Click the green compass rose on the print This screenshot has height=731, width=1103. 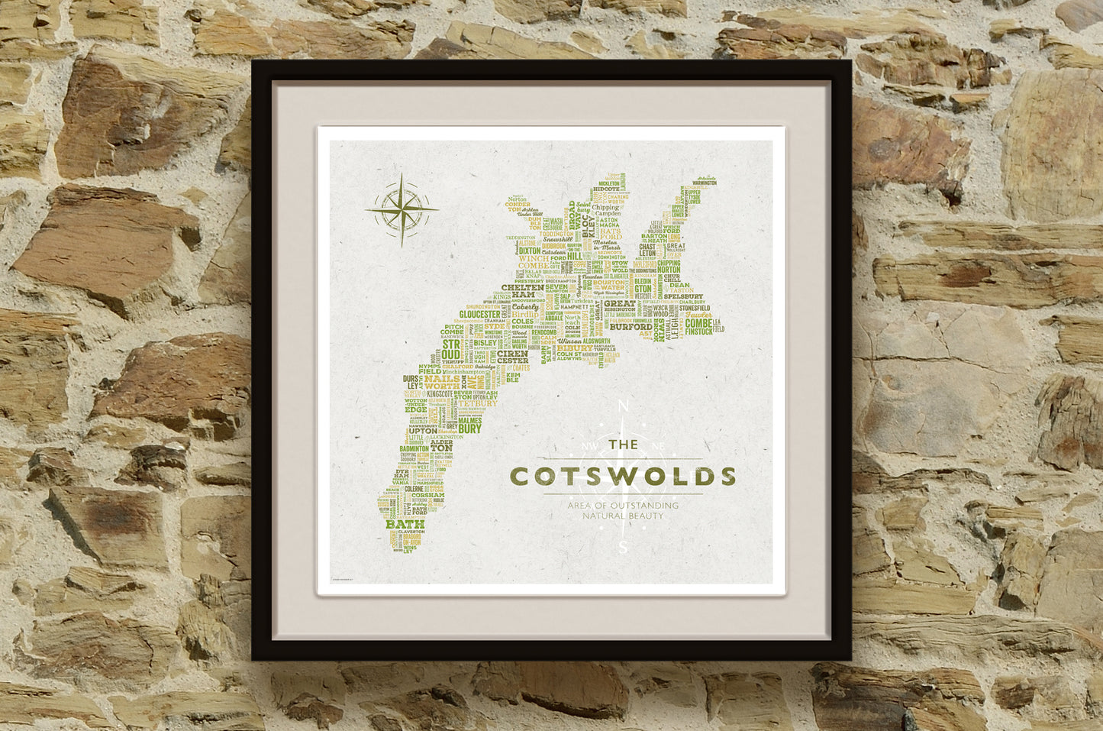(x=402, y=209)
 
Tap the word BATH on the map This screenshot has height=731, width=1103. (x=405, y=525)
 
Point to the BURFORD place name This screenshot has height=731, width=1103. (x=631, y=327)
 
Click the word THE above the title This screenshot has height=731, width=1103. (x=624, y=444)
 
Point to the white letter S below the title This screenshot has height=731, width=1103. (x=624, y=547)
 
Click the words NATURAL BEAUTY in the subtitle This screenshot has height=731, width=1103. (x=622, y=516)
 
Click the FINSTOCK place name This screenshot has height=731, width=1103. (x=699, y=332)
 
